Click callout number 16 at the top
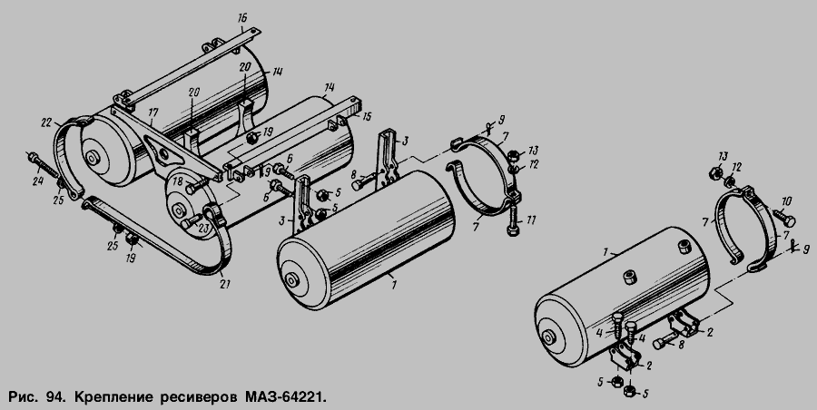(241, 19)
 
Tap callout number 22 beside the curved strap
(47, 122)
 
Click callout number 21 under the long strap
(225, 284)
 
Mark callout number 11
(530, 220)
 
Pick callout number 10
(787, 201)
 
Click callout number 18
(179, 181)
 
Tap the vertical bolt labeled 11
(512, 219)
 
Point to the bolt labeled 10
(783, 217)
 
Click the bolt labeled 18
(196, 185)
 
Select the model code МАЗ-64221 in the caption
(284, 397)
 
